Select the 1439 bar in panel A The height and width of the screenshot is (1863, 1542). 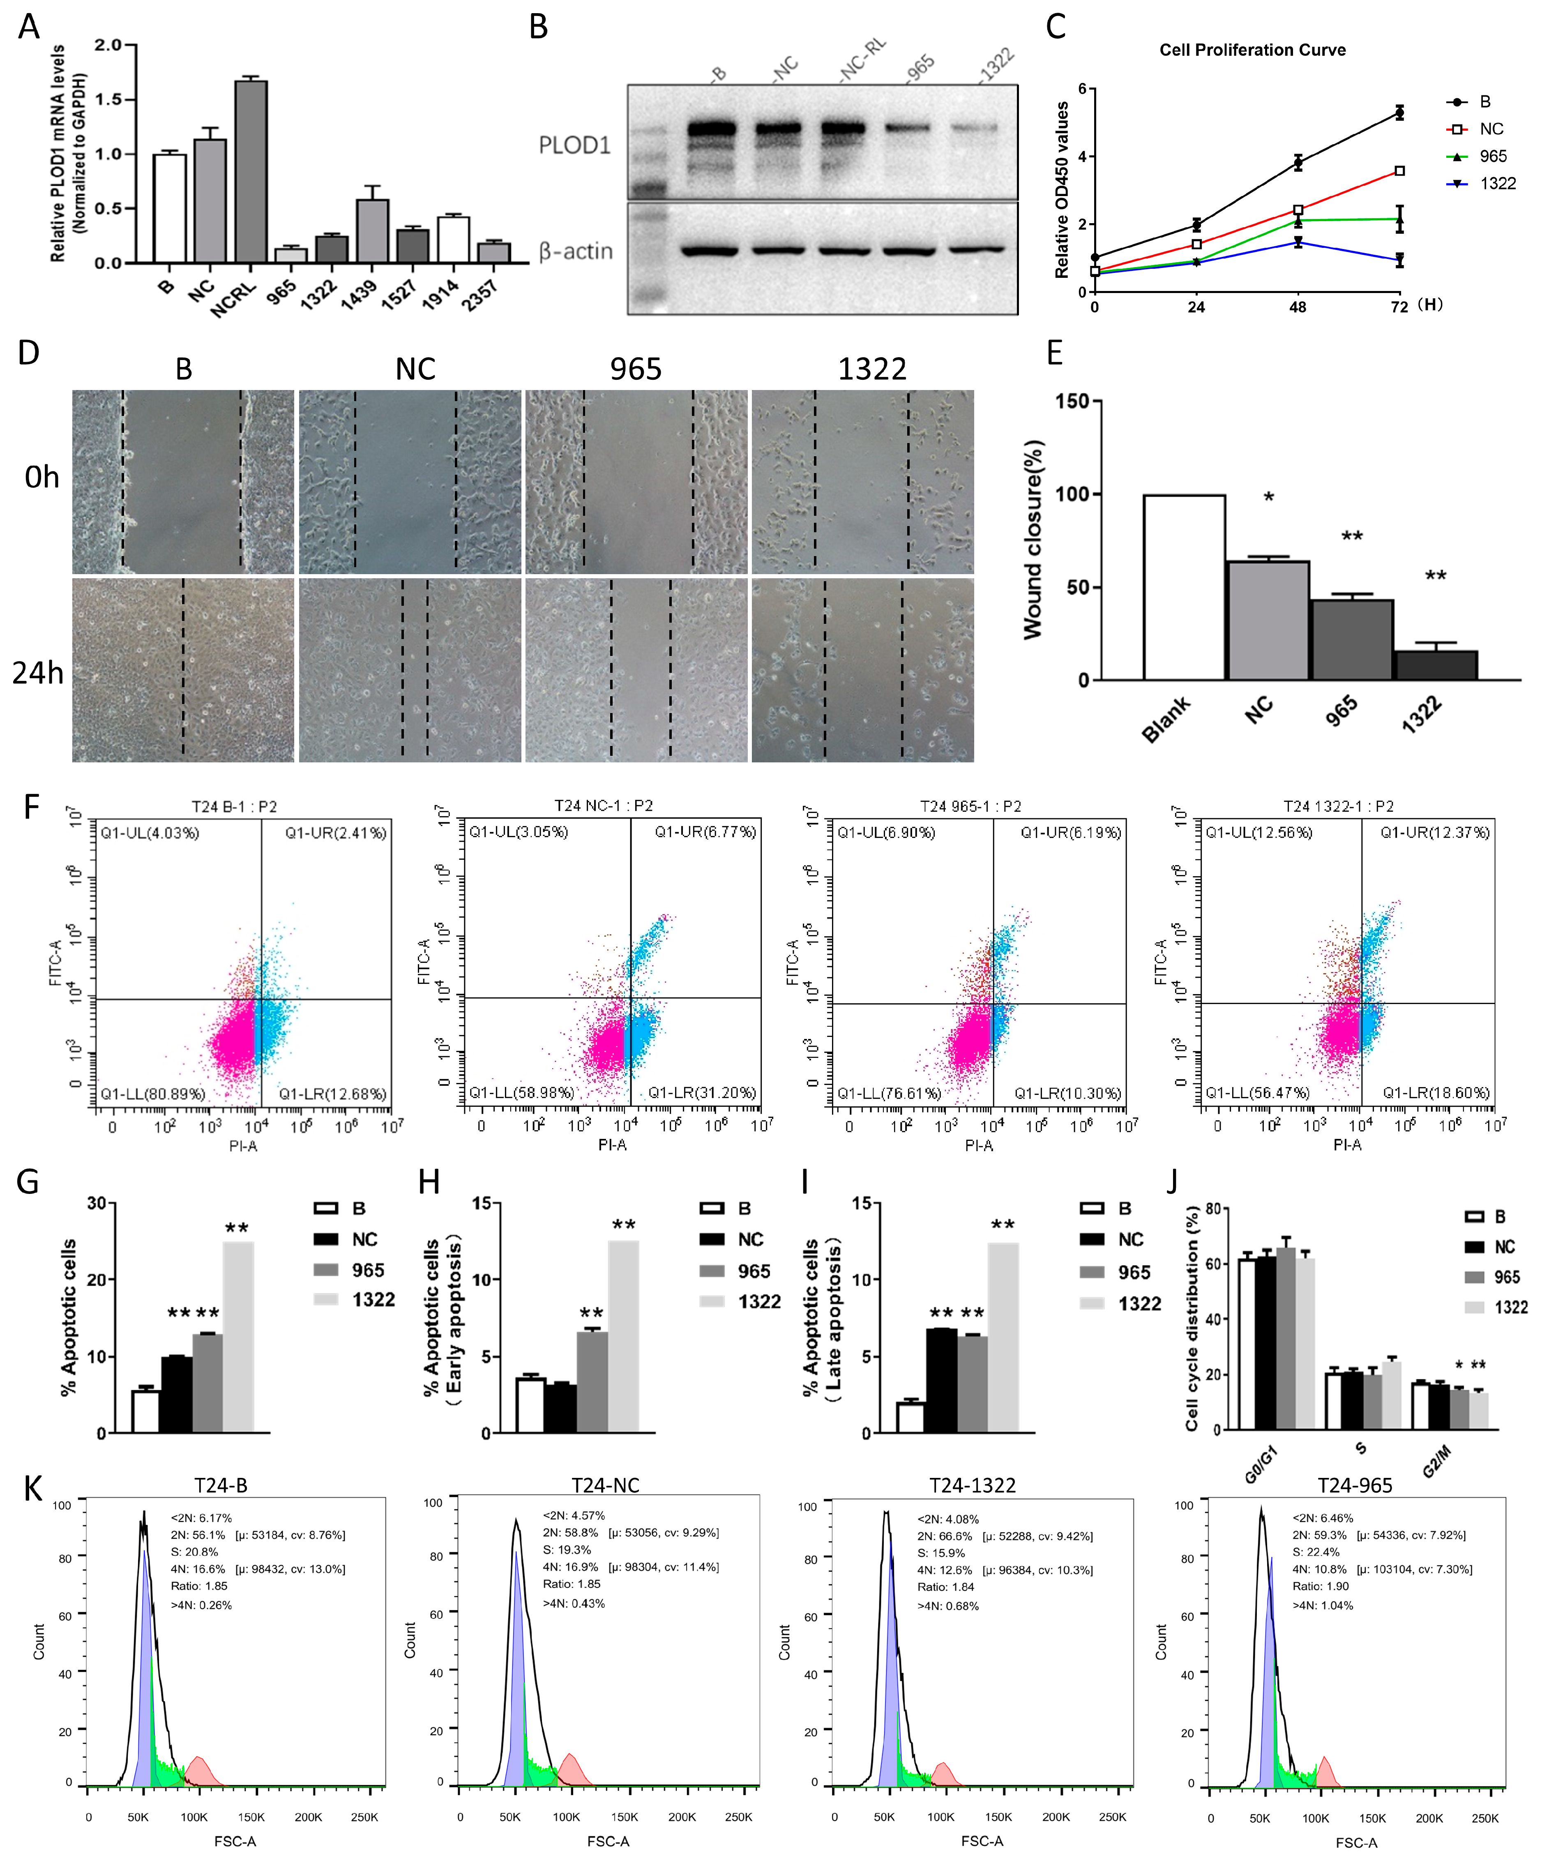click(x=372, y=231)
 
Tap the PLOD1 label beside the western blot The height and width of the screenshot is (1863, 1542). click(x=574, y=145)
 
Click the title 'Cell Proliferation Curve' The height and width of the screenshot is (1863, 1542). click(x=1252, y=50)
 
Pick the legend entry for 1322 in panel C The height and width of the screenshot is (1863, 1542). click(x=1497, y=184)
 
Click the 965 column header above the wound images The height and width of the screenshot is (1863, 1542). click(x=636, y=369)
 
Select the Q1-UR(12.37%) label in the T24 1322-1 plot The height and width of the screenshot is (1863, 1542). click(x=1435, y=832)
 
